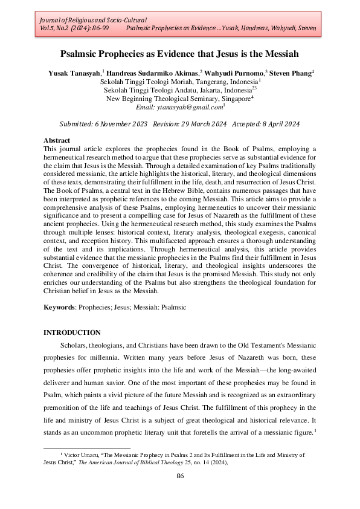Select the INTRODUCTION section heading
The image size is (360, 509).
click(x=72, y=332)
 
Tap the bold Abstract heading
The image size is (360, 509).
click(x=57, y=140)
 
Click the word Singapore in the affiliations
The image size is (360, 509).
click(x=232, y=98)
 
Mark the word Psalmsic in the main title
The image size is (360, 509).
click(x=88, y=54)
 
